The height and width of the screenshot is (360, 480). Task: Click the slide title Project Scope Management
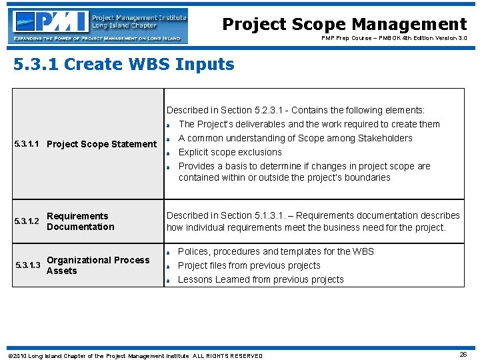point(344,25)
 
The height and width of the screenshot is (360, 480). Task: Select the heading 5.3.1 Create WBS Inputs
point(124,65)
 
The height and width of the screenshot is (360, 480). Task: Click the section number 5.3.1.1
point(29,144)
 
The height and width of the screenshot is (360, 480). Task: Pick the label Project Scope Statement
point(101,144)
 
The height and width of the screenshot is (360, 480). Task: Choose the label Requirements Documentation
point(80,221)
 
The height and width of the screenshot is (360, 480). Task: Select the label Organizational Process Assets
point(98,265)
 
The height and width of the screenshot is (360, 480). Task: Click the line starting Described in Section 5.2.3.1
point(295,110)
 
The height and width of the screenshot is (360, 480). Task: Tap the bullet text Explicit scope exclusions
point(230,152)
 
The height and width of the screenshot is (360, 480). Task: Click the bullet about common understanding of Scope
point(295,138)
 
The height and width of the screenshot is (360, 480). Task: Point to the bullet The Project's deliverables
point(309,124)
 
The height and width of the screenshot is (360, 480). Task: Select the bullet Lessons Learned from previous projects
point(261,279)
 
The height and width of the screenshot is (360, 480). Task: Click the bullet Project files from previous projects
point(249,265)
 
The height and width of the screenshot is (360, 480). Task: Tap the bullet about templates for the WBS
point(275,251)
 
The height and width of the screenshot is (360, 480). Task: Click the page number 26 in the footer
point(463,355)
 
